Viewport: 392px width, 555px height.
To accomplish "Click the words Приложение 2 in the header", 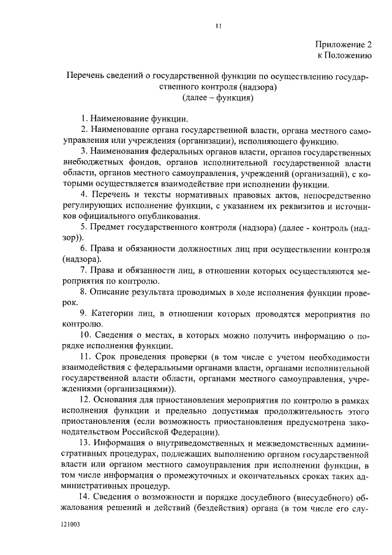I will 344,44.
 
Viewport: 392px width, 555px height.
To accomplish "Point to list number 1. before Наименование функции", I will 85,118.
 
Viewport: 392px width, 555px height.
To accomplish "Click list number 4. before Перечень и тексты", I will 85,195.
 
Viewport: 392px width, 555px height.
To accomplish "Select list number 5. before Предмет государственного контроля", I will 85,228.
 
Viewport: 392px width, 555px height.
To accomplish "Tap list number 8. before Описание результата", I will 85,292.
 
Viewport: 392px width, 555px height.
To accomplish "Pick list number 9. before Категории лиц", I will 85,313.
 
